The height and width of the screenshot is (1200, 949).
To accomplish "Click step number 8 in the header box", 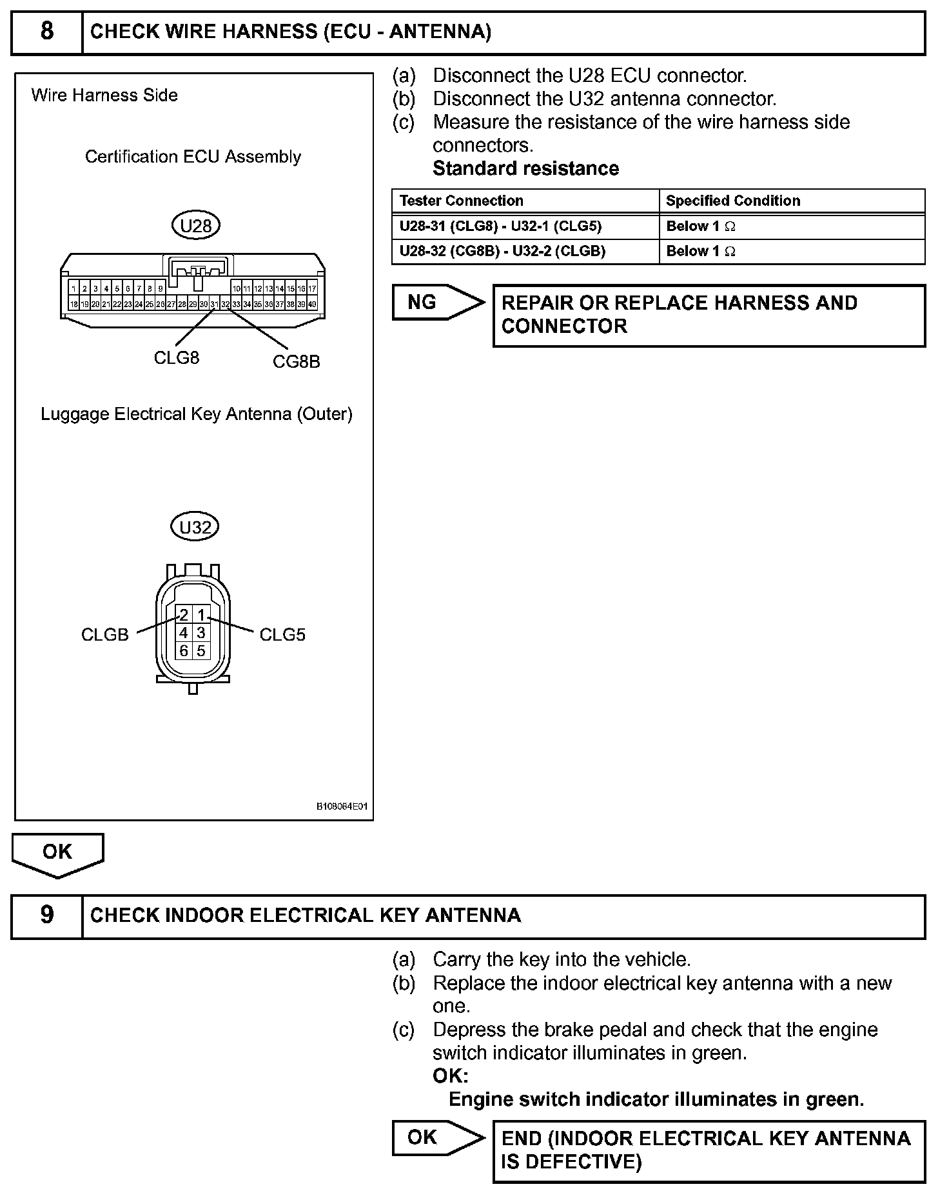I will point(47,31).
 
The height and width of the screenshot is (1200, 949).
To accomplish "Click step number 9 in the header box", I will point(47,915).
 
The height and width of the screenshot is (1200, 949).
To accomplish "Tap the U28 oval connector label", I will point(196,226).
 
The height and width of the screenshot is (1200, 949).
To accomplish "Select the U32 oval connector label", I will point(195,527).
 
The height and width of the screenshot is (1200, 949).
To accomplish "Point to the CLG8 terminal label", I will point(177,357).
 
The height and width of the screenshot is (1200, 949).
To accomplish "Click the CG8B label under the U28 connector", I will point(296,361).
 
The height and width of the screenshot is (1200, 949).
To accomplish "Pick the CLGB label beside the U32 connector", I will point(105,635).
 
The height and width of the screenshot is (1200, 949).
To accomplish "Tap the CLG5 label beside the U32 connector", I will point(282,635).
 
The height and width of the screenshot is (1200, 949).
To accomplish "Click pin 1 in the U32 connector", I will point(201,615).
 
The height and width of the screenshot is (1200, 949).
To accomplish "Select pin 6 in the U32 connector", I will point(184,651).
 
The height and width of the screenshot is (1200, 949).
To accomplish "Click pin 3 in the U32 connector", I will point(201,633).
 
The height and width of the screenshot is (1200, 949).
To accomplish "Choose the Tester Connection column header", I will point(462,201).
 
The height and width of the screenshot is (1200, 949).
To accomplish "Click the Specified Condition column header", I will point(733,201).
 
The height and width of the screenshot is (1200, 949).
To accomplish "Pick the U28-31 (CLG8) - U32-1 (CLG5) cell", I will point(500,226).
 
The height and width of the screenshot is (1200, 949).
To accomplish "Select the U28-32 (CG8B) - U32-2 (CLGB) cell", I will point(502,251).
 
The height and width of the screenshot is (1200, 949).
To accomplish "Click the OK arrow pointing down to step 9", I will point(57,854).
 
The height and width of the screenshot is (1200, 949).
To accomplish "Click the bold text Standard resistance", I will point(525,168).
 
